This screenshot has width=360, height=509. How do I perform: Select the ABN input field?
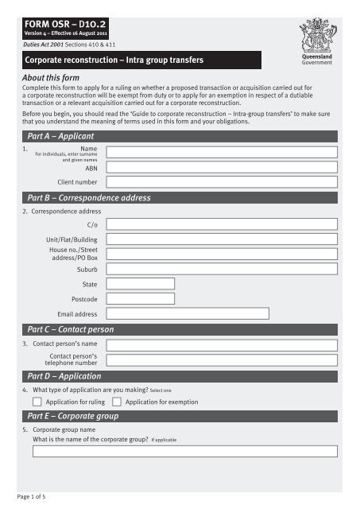(226, 169)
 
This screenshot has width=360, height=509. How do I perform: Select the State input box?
(141, 283)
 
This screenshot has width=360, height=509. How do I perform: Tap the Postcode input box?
(141, 299)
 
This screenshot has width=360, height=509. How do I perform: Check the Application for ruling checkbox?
(37, 402)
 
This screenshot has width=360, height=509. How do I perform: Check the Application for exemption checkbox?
(117, 402)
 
